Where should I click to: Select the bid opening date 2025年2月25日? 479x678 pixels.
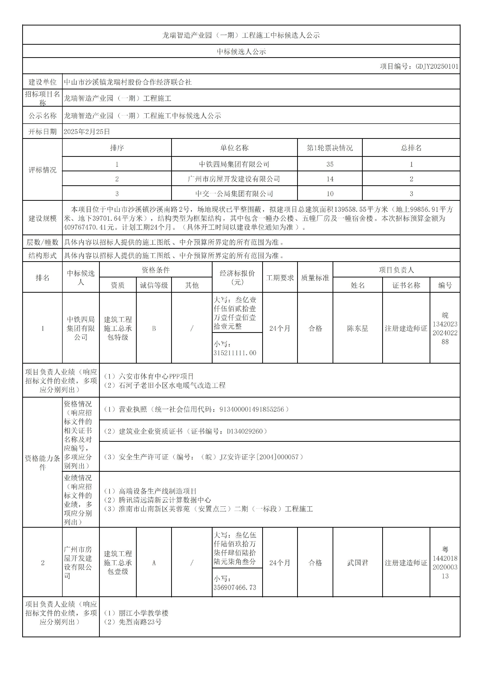pos(87,132)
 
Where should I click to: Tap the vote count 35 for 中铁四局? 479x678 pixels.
pos(330,164)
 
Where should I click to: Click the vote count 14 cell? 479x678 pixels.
pos(330,179)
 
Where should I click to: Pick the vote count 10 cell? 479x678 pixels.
pos(330,194)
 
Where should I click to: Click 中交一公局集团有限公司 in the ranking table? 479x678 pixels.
pos(234,194)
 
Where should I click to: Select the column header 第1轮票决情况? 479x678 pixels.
pos(330,148)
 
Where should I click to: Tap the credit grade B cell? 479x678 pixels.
pos(154,328)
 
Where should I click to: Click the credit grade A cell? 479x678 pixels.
pos(154,563)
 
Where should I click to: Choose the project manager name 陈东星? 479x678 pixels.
pos(358,328)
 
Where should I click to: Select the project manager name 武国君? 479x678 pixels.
pos(358,563)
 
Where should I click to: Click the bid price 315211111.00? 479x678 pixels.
pos(235,353)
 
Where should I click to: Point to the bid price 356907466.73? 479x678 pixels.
pos(235,588)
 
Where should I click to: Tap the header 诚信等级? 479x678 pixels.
pos(154,285)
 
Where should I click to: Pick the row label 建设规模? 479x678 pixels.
pos(42,219)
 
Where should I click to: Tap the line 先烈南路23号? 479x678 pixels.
pos(140,622)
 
